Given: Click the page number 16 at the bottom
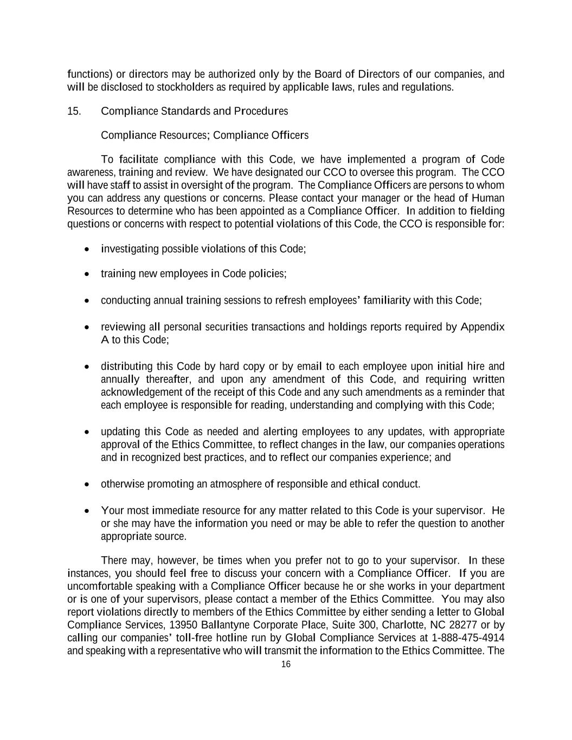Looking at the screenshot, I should [286, 665].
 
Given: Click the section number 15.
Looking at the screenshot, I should [74, 111].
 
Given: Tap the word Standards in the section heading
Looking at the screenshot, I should [185, 111].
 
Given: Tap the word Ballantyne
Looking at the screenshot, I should [226, 625].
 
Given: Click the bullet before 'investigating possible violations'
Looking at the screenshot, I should [87, 249].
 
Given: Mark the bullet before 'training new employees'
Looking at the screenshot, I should [87, 274].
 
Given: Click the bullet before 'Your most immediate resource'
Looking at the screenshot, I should [87, 511].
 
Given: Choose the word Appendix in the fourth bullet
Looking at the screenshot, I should [483, 327].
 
